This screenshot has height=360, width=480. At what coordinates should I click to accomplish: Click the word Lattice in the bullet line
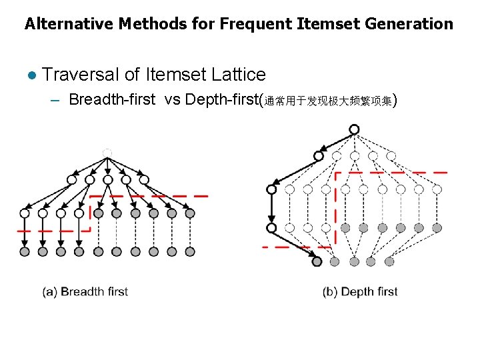238,75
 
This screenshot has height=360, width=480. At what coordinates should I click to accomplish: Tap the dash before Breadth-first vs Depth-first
55,101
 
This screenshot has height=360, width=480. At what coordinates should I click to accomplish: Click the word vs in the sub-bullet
171,100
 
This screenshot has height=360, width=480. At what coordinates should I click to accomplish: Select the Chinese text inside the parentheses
329,101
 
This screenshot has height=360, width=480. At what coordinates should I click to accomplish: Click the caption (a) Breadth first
85,291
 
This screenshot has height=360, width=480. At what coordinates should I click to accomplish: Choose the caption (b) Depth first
360,291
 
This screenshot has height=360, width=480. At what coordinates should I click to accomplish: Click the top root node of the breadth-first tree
107,153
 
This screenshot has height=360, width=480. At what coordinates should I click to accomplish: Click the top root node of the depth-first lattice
354,129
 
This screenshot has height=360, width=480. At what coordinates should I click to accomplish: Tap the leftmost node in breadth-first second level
71,179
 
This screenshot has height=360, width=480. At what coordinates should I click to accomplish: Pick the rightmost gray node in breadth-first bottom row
190,251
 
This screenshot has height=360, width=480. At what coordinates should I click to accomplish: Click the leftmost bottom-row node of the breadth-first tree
25,251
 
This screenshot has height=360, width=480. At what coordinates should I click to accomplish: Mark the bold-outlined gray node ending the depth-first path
317,261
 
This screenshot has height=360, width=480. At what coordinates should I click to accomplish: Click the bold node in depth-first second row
319,156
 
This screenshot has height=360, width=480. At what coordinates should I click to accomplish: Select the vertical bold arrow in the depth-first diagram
271,208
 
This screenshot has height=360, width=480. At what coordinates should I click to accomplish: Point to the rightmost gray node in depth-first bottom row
389,261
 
